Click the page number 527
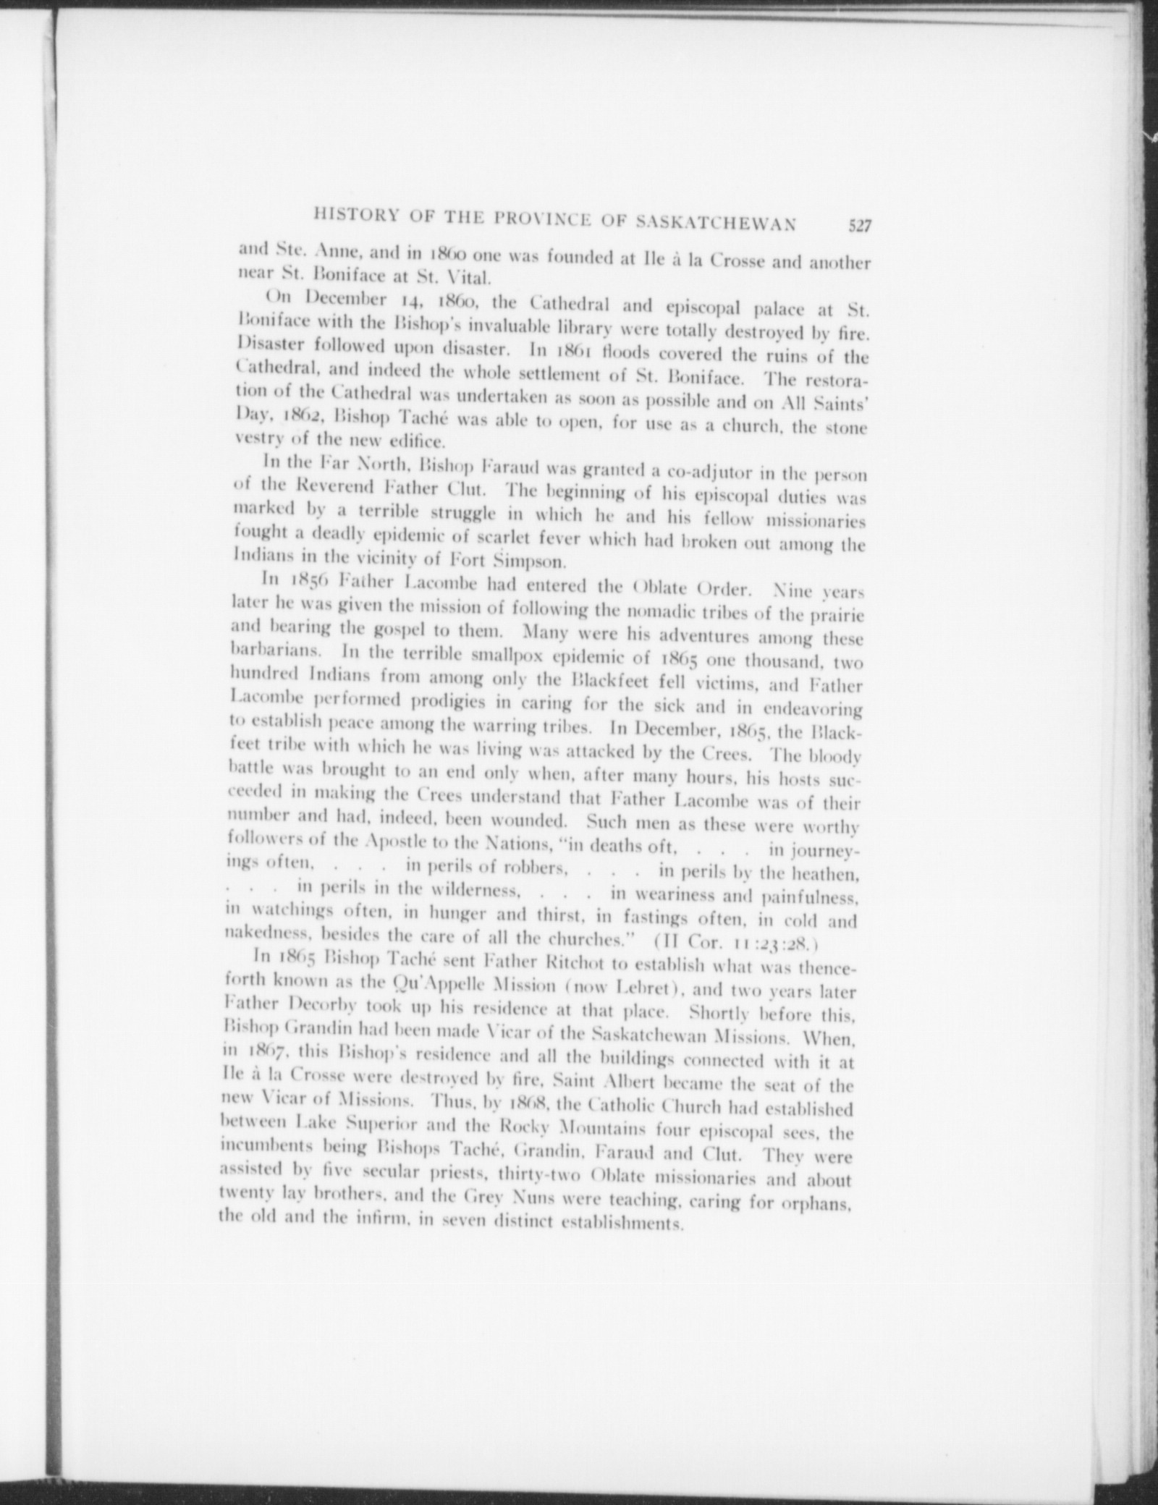coord(859,227)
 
